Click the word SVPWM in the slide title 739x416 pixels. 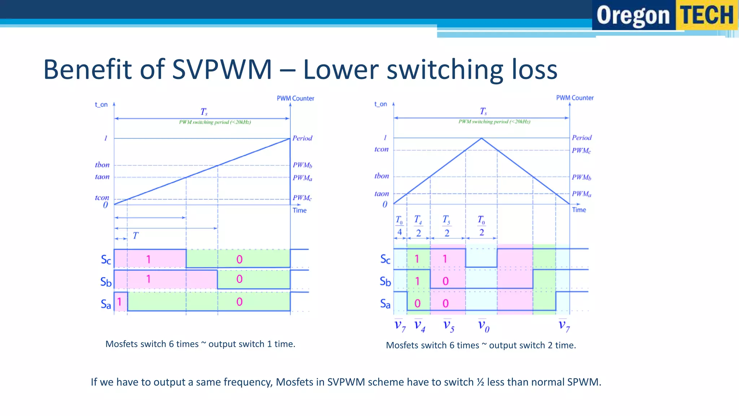pos(222,69)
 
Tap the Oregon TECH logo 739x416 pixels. pos(665,15)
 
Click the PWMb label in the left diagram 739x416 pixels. pos(302,165)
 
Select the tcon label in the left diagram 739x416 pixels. pos(102,198)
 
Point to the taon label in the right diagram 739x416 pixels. pos(381,194)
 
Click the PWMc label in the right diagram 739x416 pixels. pos(581,150)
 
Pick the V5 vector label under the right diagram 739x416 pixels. pos(449,325)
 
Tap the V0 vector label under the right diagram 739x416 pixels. pos(484,325)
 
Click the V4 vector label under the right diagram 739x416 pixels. pos(419,325)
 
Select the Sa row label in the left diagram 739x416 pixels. pos(106,304)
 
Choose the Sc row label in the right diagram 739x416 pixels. pos(385,259)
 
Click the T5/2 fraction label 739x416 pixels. pos(446,226)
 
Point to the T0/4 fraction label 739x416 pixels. pos(399,226)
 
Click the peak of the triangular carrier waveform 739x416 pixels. pos(481,138)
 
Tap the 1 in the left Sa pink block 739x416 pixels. pos(119,302)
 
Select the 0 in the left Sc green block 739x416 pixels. pos(239,259)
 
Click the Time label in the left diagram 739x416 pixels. pos(299,210)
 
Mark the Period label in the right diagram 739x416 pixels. pos(582,138)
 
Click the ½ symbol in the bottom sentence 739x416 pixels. pos(480,382)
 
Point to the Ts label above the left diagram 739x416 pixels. pos(204,112)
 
